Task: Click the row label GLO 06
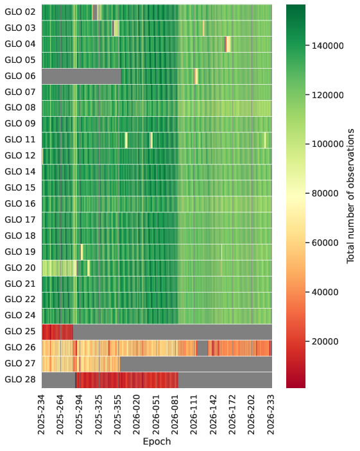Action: (20, 76)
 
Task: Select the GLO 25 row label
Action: (20, 331)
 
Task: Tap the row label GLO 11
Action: (20, 139)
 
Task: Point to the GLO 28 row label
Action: (20, 379)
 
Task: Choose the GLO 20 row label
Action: (20, 268)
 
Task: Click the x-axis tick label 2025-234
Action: (42, 415)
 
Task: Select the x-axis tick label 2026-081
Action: (175, 415)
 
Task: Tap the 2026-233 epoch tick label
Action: (270, 415)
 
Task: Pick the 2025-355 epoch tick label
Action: (117, 415)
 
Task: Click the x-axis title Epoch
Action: (157, 441)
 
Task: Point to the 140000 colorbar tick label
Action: (328, 46)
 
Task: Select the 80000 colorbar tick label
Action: (325, 193)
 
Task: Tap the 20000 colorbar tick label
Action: (325, 341)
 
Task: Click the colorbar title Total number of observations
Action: (350, 196)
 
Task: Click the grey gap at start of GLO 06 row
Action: (81, 76)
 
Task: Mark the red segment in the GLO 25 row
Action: (57, 332)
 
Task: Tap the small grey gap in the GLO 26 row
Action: (202, 348)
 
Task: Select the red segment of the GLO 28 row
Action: (126, 380)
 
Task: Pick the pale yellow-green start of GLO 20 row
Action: (59, 268)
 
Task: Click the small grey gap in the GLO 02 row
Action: (95, 12)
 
